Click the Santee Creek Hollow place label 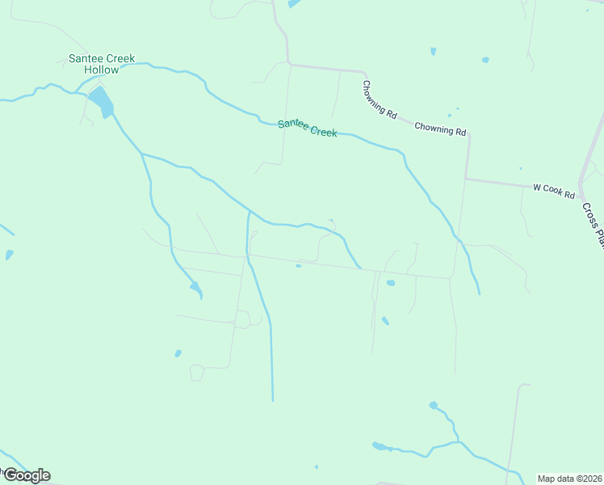coord(102,64)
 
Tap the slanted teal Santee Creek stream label coord(307,128)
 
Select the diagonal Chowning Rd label coord(379,100)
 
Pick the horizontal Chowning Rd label coord(441,129)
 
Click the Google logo coord(26,475)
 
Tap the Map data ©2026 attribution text coord(569,479)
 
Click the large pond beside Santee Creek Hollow coord(102,102)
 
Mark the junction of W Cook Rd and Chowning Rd coord(466,179)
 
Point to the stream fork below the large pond coord(142,153)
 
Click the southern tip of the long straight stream coord(273,400)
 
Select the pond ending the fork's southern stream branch coord(195,287)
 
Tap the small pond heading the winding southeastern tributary coord(434,404)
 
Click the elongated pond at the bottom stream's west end coord(380,445)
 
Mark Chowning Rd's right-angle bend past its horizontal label coord(468,135)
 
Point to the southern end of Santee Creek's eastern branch coord(479,293)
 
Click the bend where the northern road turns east coord(288,63)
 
